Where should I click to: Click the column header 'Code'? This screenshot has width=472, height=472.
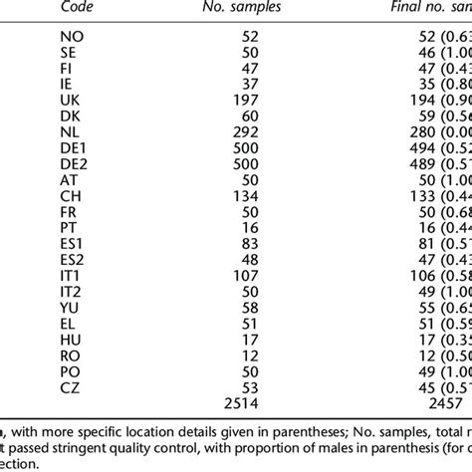(76, 7)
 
